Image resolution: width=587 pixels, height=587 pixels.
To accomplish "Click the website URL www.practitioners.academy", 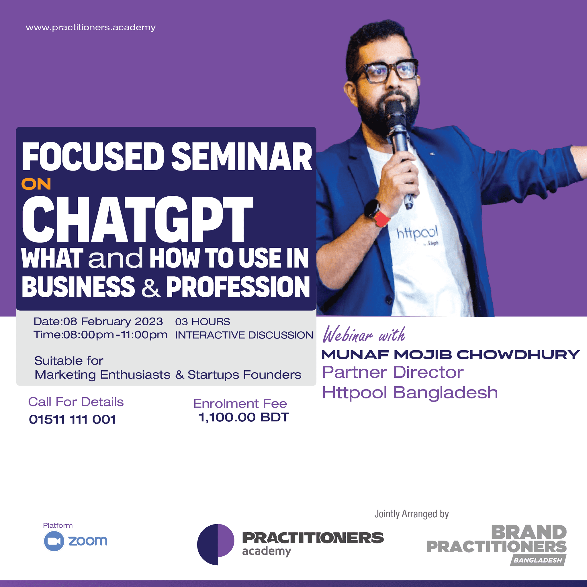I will [x=91, y=28].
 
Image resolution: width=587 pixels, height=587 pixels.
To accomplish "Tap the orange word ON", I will [x=36, y=184].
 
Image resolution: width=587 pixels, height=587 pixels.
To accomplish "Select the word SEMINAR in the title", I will [x=242, y=157].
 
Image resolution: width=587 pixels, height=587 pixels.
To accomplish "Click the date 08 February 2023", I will [x=113, y=322].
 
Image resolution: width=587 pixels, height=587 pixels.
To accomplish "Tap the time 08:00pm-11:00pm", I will [x=115, y=335].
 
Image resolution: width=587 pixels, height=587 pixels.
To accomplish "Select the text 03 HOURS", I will [x=203, y=322].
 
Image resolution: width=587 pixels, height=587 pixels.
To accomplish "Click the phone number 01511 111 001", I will [x=72, y=420].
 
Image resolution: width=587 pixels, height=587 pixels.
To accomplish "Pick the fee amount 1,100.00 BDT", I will [x=244, y=417].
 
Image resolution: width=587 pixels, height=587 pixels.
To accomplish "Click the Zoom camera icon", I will [x=54, y=541].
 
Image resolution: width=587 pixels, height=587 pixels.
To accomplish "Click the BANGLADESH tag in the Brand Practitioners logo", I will [x=538, y=560].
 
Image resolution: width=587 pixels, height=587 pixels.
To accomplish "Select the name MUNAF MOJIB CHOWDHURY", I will [x=451, y=355].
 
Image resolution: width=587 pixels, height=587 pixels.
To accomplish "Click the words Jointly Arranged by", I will [x=411, y=514].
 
